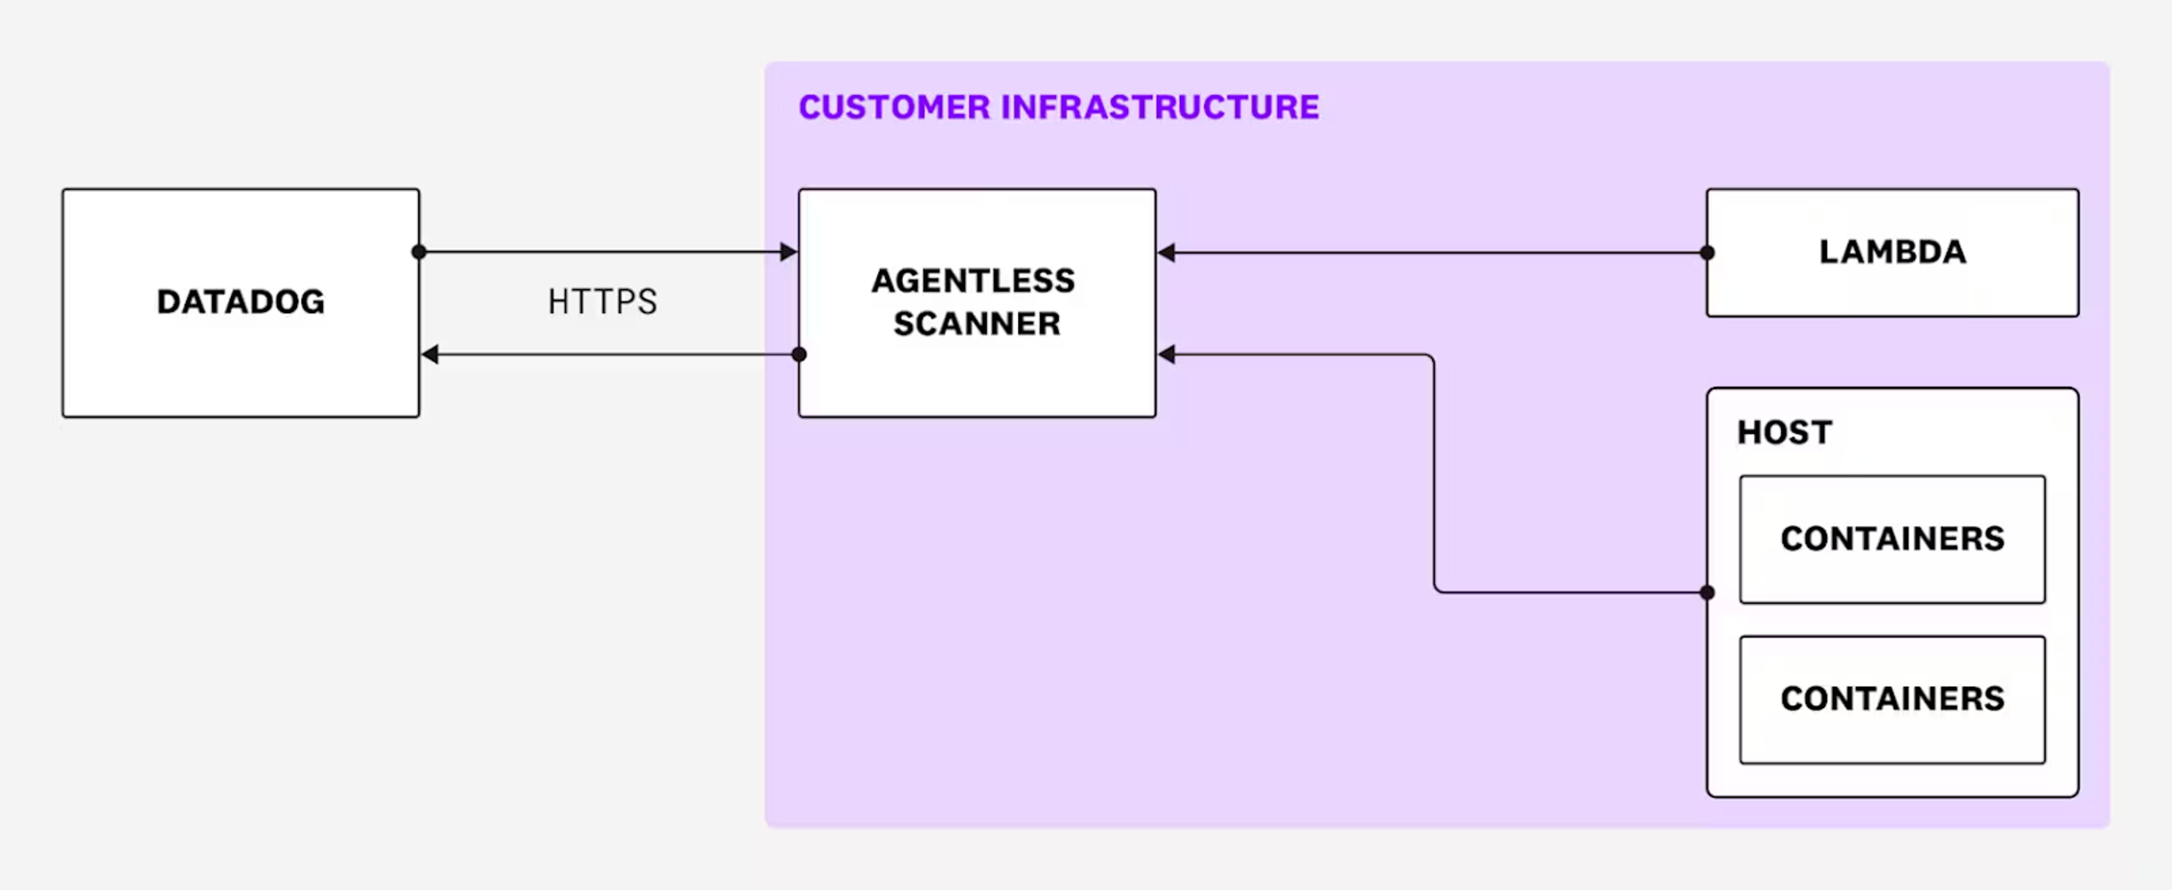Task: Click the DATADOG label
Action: click(x=240, y=302)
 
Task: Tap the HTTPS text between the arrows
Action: click(x=602, y=302)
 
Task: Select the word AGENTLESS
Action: click(x=973, y=281)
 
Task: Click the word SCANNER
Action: click(x=977, y=323)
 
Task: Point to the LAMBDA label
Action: click(x=1892, y=252)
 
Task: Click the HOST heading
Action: click(x=1784, y=433)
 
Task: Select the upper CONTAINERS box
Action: click(x=1892, y=539)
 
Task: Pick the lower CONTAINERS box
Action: click(x=1892, y=699)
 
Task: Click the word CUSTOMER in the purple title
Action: click(x=894, y=107)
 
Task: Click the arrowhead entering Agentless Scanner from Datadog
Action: click(x=788, y=252)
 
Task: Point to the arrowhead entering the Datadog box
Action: click(x=431, y=355)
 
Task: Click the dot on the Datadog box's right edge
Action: click(x=419, y=252)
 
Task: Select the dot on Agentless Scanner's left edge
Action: click(x=799, y=355)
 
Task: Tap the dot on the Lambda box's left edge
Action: click(x=1707, y=253)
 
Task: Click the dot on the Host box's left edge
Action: click(x=1707, y=592)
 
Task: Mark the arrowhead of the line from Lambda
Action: click(x=1167, y=253)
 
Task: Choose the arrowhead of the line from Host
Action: click(x=1167, y=355)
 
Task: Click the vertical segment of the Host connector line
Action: click(x=1434, y=472)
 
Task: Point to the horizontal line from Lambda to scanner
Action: click(x=1434, y=253)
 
